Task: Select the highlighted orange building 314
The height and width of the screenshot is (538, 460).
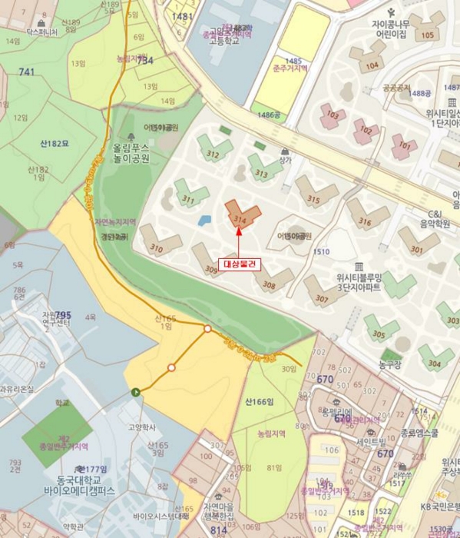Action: (242, 214)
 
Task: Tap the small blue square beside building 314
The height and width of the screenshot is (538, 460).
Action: (204, 221)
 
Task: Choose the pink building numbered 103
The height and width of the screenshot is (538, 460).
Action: (333, 116)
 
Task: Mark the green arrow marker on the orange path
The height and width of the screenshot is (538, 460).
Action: (136, 393)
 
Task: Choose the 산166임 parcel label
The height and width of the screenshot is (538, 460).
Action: (260, 401)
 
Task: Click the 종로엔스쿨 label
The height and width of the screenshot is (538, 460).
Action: (419, 433)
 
